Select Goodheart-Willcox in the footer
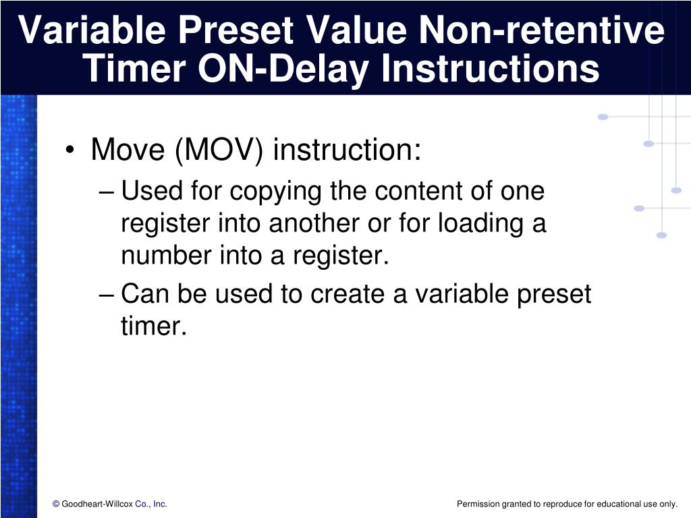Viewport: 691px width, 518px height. click(x=97, y=504)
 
